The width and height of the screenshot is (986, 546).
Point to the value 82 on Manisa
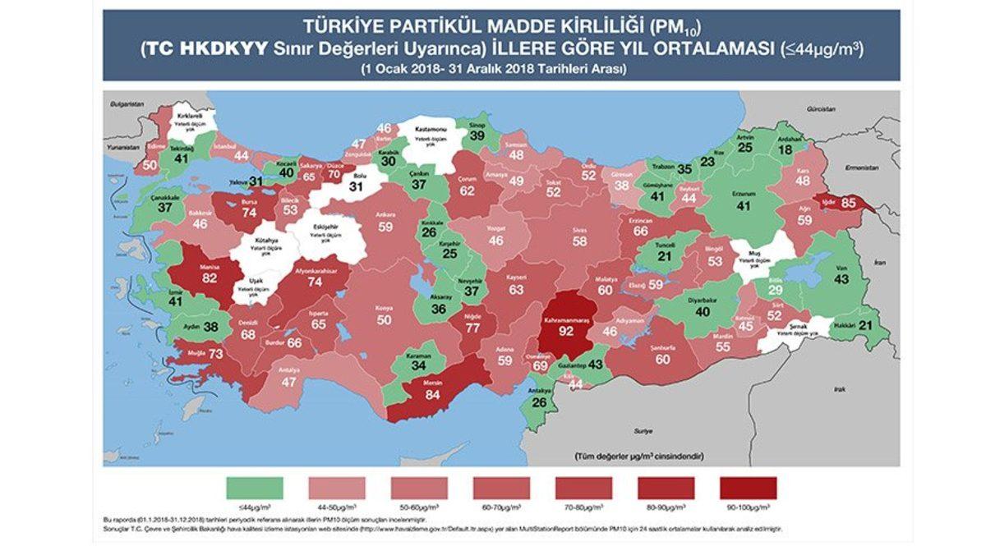point(210,278)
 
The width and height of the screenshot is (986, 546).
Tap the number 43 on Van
point(841,279)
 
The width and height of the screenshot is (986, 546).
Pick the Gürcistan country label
point(820,109)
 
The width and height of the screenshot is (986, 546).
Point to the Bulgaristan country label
point(127,103)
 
